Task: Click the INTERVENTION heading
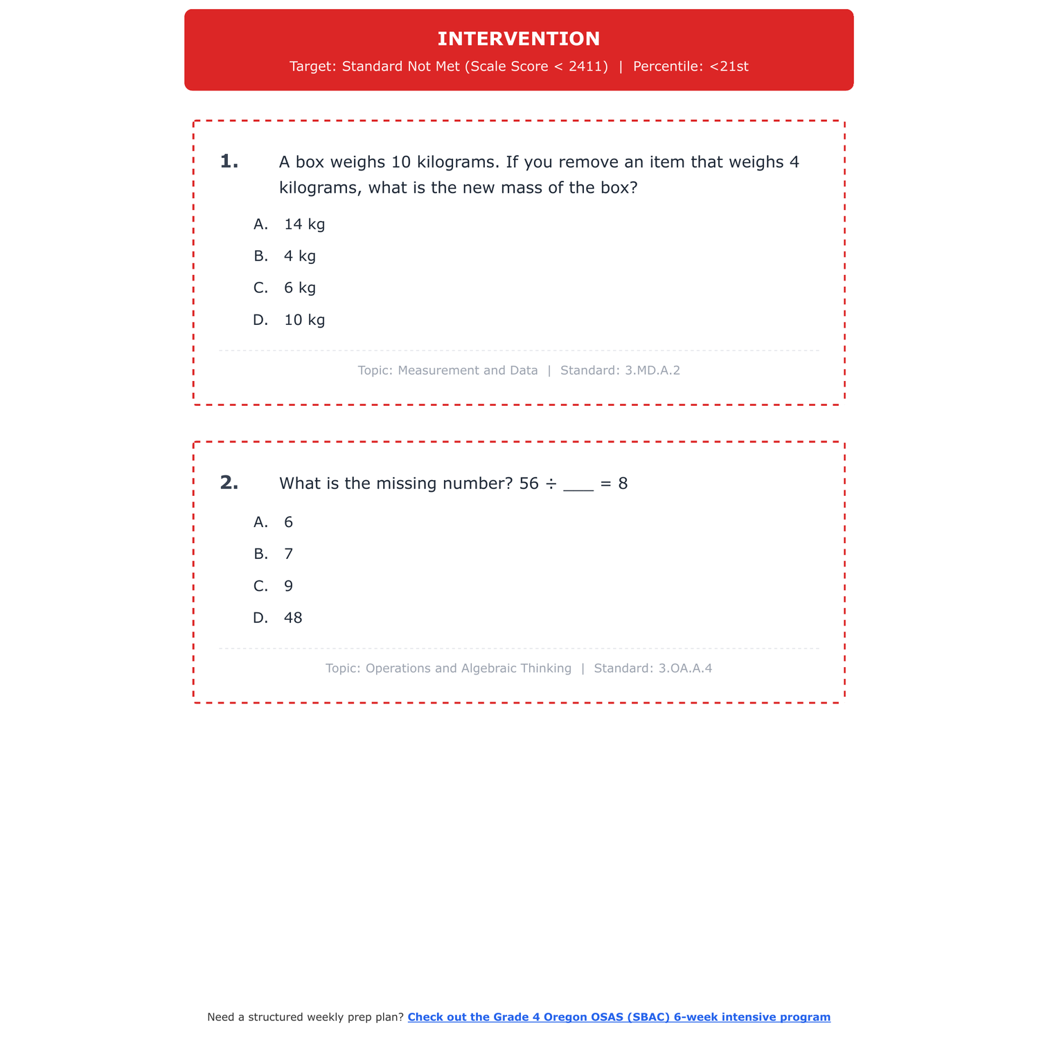click(x=519, y=39)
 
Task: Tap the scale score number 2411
click(x=588, y=66)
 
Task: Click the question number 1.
click(x=229, y=162)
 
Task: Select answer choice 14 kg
click(x=304, y=224)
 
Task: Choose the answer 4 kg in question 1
click(x=299, y=256)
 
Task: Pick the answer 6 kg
click(x=299, y=288)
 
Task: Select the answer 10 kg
click(x=304, y=320)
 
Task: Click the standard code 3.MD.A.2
click(x=652, y=371)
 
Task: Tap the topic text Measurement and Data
click(x=468, y=371)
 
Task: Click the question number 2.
click(x=229, y=483)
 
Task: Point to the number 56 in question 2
click(x=529, y=483)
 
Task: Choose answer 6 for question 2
click(x=289, y=522)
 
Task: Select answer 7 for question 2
click(x=289, y=554)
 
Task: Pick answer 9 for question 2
click(x=289, y=586)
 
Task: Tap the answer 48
click(x=293, y=618)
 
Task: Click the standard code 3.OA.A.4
click(x=685, y=668)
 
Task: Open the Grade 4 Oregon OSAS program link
click(x=619, y=1017)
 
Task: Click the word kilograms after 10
click(x=457, y=162)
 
